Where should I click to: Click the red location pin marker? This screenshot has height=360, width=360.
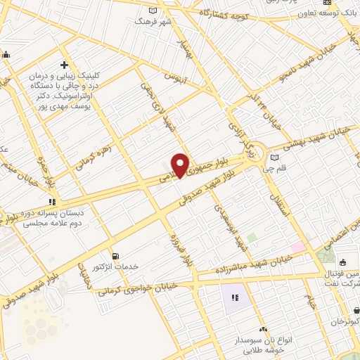pyautogui.click(x=181, y=165)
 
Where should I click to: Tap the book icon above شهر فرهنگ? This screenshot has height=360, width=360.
pyautogui.click(x=154, y=11)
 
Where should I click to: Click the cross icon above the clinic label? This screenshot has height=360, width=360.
pyautogui.click(x=64, y=65)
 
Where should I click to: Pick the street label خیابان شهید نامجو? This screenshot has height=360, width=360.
pyautogui.click(x=281, y=87)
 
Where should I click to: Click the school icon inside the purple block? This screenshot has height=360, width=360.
pyautogui.click(x=234, y=297)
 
